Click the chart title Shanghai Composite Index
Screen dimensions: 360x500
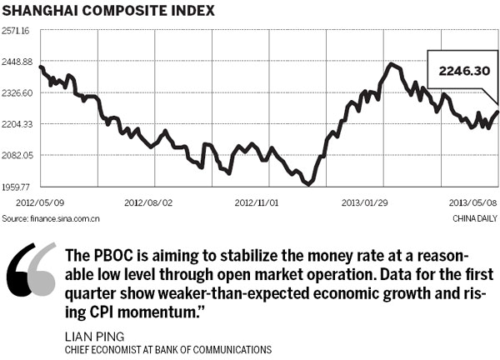coord(108,12)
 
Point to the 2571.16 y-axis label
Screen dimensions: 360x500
coord(16,31)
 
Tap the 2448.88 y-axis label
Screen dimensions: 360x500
coord(16,62)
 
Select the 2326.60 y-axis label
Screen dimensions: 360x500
coord(16,93)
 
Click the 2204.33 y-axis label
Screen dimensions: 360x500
coord(16,125)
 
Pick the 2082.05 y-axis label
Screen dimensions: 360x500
coord(16,156)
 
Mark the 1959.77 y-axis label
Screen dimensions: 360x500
coord(16,187)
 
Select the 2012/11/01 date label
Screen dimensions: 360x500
coord(257,202)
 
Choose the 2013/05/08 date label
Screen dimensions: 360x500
coord(472,202)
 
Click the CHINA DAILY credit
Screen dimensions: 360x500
coord(474,218)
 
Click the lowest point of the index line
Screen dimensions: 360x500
coord(309,183)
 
